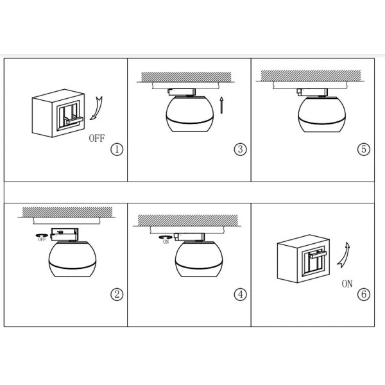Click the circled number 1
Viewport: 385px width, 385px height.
click(x=117, y=150)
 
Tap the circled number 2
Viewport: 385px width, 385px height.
click(x=117, y=294)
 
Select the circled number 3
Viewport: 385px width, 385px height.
click(x=241, y=149)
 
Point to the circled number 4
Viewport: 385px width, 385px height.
click(x=241, y=294)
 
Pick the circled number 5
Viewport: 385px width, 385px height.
click(x=364, y=149)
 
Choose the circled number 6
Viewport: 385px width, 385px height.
click(x=364, y=294)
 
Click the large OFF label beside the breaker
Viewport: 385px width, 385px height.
click(x=97, y=138)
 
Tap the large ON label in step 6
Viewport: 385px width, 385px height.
click(x=347, y=284)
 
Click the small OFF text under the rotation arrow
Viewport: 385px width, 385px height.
click(x=42, y=239)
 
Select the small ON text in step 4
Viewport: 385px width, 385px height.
click(x=166, y=242)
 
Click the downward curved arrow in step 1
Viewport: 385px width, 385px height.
click(x=98, y=108)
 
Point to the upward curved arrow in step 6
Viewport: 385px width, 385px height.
click(x=345, y=255)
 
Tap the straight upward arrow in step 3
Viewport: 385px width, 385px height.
click(x=221, y=105)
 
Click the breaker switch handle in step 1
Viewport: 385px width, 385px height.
click(x=74, y=121)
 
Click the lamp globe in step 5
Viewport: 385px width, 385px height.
click(x=322, y=114)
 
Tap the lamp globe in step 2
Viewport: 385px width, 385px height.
click(x=73, y=259)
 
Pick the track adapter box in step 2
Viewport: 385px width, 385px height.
click(x=64, y=234)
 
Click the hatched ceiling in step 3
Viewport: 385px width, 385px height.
click(x=186, y=77)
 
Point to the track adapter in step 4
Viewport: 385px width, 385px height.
click(x=189, y=237)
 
